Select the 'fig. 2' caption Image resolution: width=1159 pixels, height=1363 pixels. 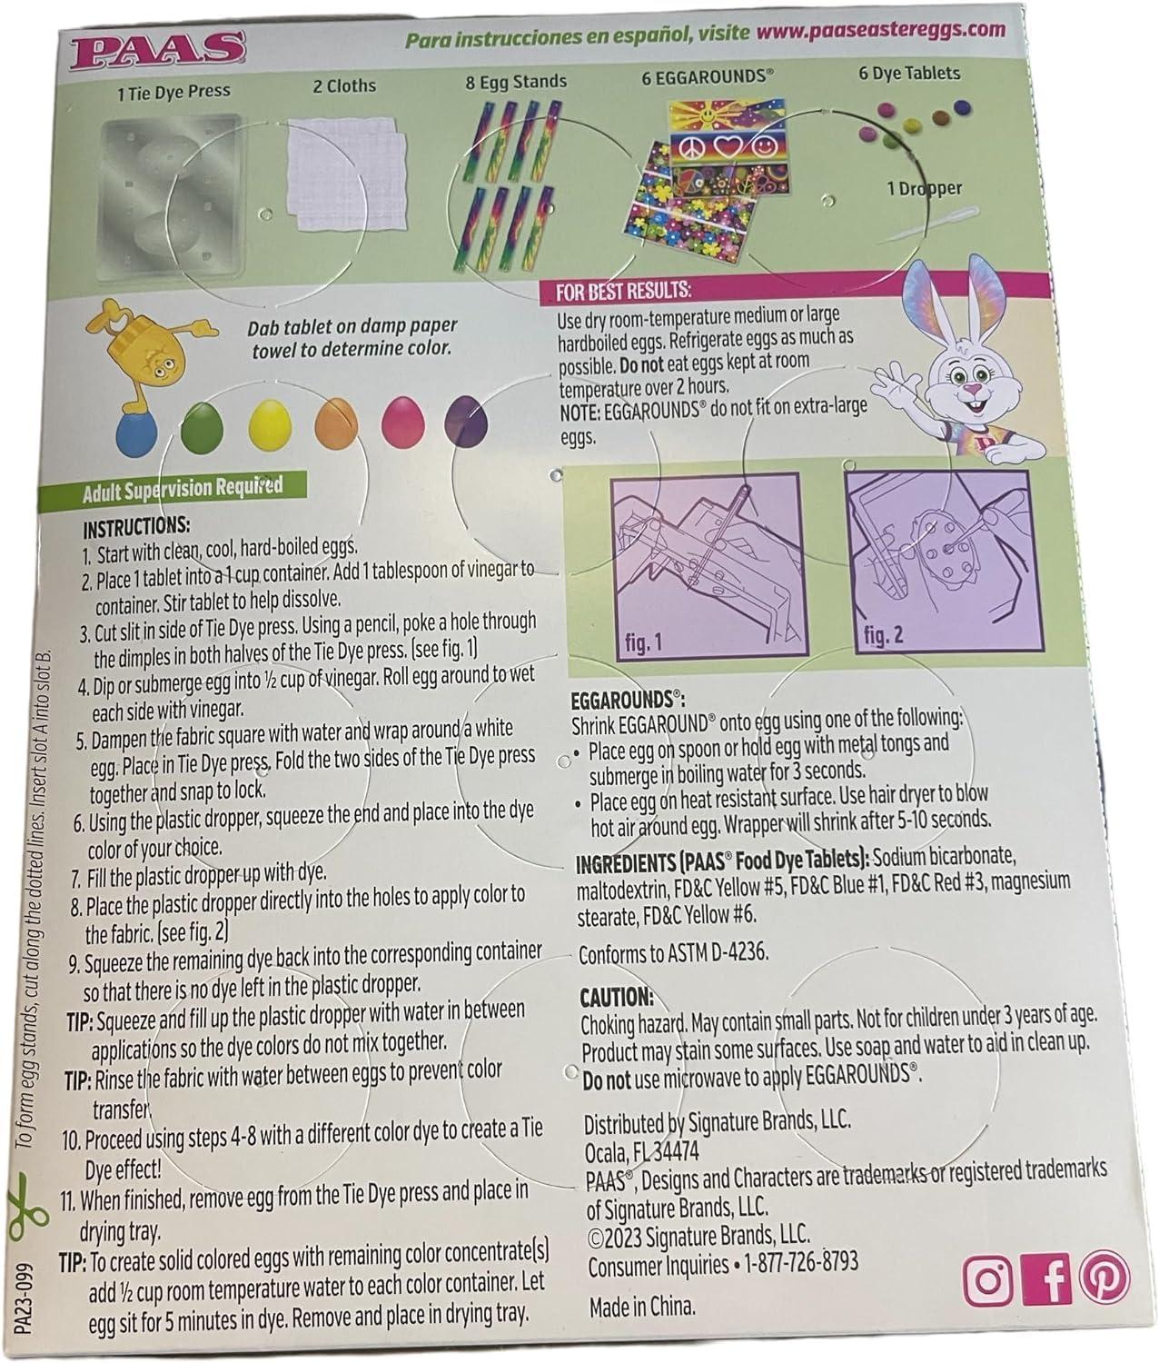(884, 634)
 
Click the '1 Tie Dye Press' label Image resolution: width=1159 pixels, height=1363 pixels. (174, 91)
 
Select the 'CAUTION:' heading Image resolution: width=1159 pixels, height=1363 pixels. (617, 996)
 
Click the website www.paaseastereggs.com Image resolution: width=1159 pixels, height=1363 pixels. (880, 30)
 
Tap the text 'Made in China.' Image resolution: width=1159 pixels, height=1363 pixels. (642, 1308)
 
